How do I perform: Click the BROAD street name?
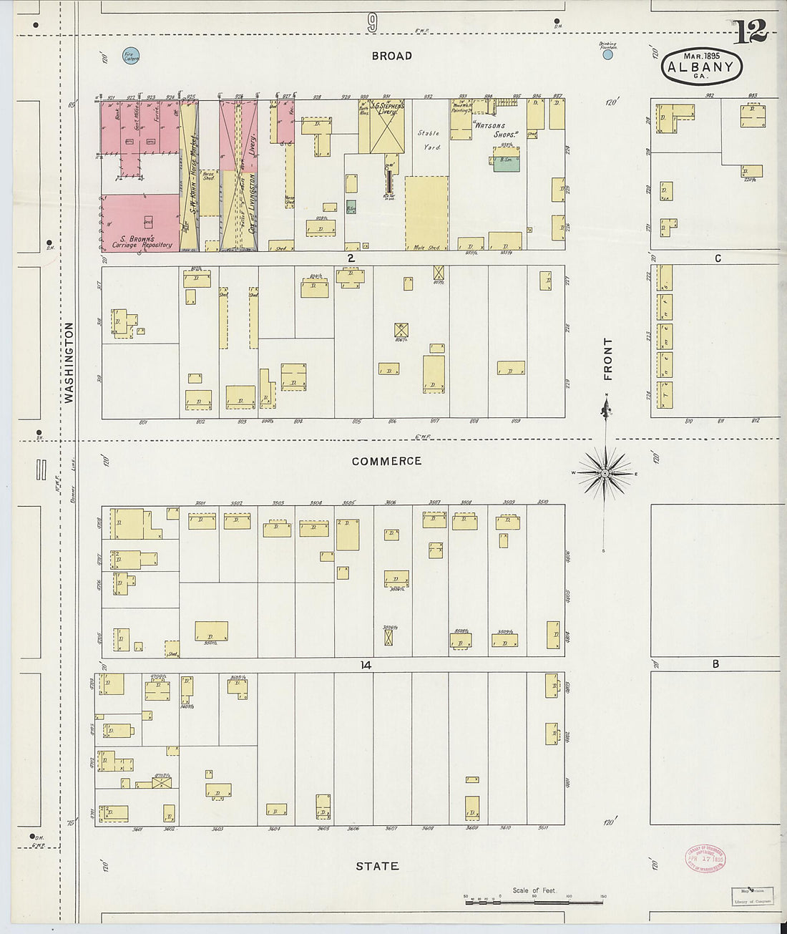(x=391, y=56)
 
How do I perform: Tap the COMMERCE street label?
(x=386, y=462)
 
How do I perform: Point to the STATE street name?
(x=377, y=866)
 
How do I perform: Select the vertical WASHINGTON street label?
(x=69, y=362)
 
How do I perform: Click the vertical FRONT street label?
(x=608, y=359)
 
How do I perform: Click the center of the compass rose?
(x=605, y=474)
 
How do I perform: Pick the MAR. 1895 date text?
(x=701, y=55)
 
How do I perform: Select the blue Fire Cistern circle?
(x=131, y=55)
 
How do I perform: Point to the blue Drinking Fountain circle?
(x=607, y=54)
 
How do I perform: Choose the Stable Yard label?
(x=429, y=140)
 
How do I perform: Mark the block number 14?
(x=366, y=665)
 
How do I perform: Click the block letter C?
(x=717, y=258)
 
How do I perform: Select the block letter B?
(x=715, y=664)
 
